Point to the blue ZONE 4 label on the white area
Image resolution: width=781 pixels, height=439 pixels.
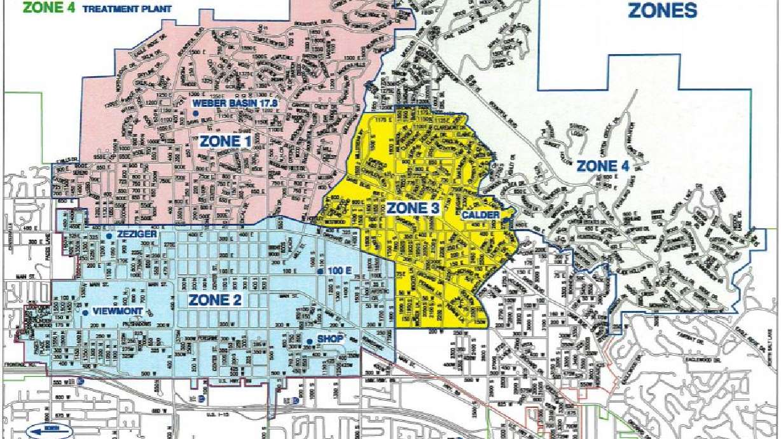(605, 167)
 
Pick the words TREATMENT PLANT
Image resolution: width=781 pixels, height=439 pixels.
(104, 9)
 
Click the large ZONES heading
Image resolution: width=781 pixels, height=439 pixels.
(662, 10)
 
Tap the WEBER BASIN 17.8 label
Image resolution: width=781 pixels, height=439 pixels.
(238, 102)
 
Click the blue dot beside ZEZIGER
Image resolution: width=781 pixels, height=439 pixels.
(109, 236)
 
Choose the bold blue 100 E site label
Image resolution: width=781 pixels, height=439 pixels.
(340, 272)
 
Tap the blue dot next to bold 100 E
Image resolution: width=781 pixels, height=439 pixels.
(320, 272)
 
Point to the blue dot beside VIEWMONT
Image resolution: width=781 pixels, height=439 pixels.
(85, 312)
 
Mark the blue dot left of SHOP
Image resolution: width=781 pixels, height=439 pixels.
(310, 342)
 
